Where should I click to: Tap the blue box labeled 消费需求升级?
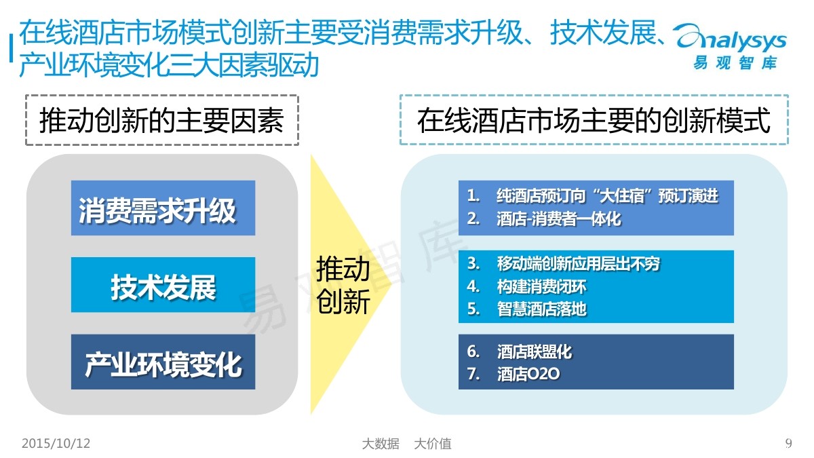pos(163,208)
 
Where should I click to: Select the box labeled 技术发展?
pos(163,285)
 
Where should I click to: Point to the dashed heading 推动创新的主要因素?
pos(161,120)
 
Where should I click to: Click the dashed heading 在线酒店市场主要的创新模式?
pos(594,120)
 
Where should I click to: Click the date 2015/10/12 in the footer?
pos(56,444)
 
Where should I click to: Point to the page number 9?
pos(788,444)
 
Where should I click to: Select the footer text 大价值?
pos(433,444)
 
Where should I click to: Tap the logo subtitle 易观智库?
pos(735,63)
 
